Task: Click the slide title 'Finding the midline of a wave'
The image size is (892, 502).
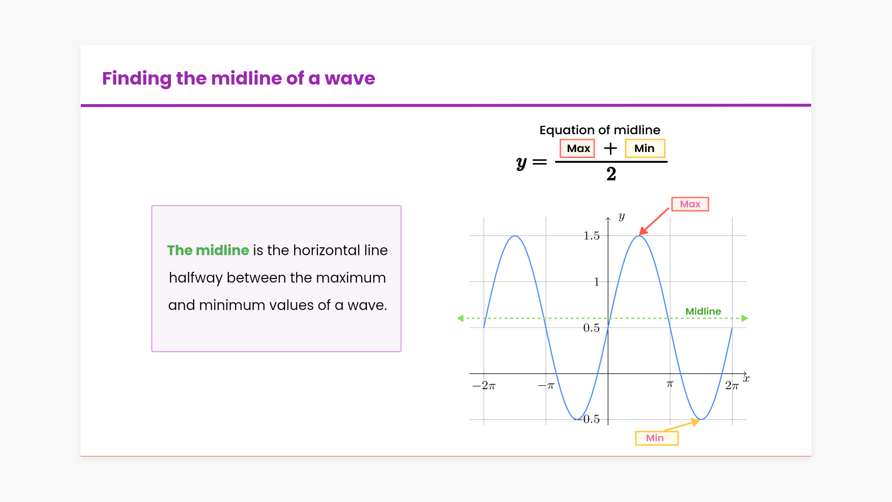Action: tap(238, 79)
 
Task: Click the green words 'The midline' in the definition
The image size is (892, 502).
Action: tap(208, 250)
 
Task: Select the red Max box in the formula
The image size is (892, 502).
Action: tap(577, 148)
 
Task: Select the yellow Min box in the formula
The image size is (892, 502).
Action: tap(645, 148)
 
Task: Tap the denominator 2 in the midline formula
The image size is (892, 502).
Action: tap(611, 174)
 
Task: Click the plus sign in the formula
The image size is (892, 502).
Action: tap(610, 148)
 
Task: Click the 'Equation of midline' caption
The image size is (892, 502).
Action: tap(600, 130)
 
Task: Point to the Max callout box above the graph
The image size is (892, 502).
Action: tap(690, 204)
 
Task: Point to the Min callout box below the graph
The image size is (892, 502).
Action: tap(656, 438)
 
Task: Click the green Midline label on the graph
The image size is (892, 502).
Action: tap(703, 311)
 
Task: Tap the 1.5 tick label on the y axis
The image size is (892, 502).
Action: tap(591, 236)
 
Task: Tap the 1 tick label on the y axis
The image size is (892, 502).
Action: tap(597, 282)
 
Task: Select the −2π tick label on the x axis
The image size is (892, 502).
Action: tap(484, 386)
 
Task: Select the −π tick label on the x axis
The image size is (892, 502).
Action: tap(546, 386)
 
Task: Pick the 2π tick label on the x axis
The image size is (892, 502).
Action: tap(732, 386)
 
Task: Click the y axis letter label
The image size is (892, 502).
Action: tap(622, 216)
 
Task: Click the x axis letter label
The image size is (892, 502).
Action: tap(746, 379)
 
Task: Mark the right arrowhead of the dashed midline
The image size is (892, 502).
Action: tap(745, 318)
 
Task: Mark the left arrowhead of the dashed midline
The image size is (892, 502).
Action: tap(460, 318)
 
